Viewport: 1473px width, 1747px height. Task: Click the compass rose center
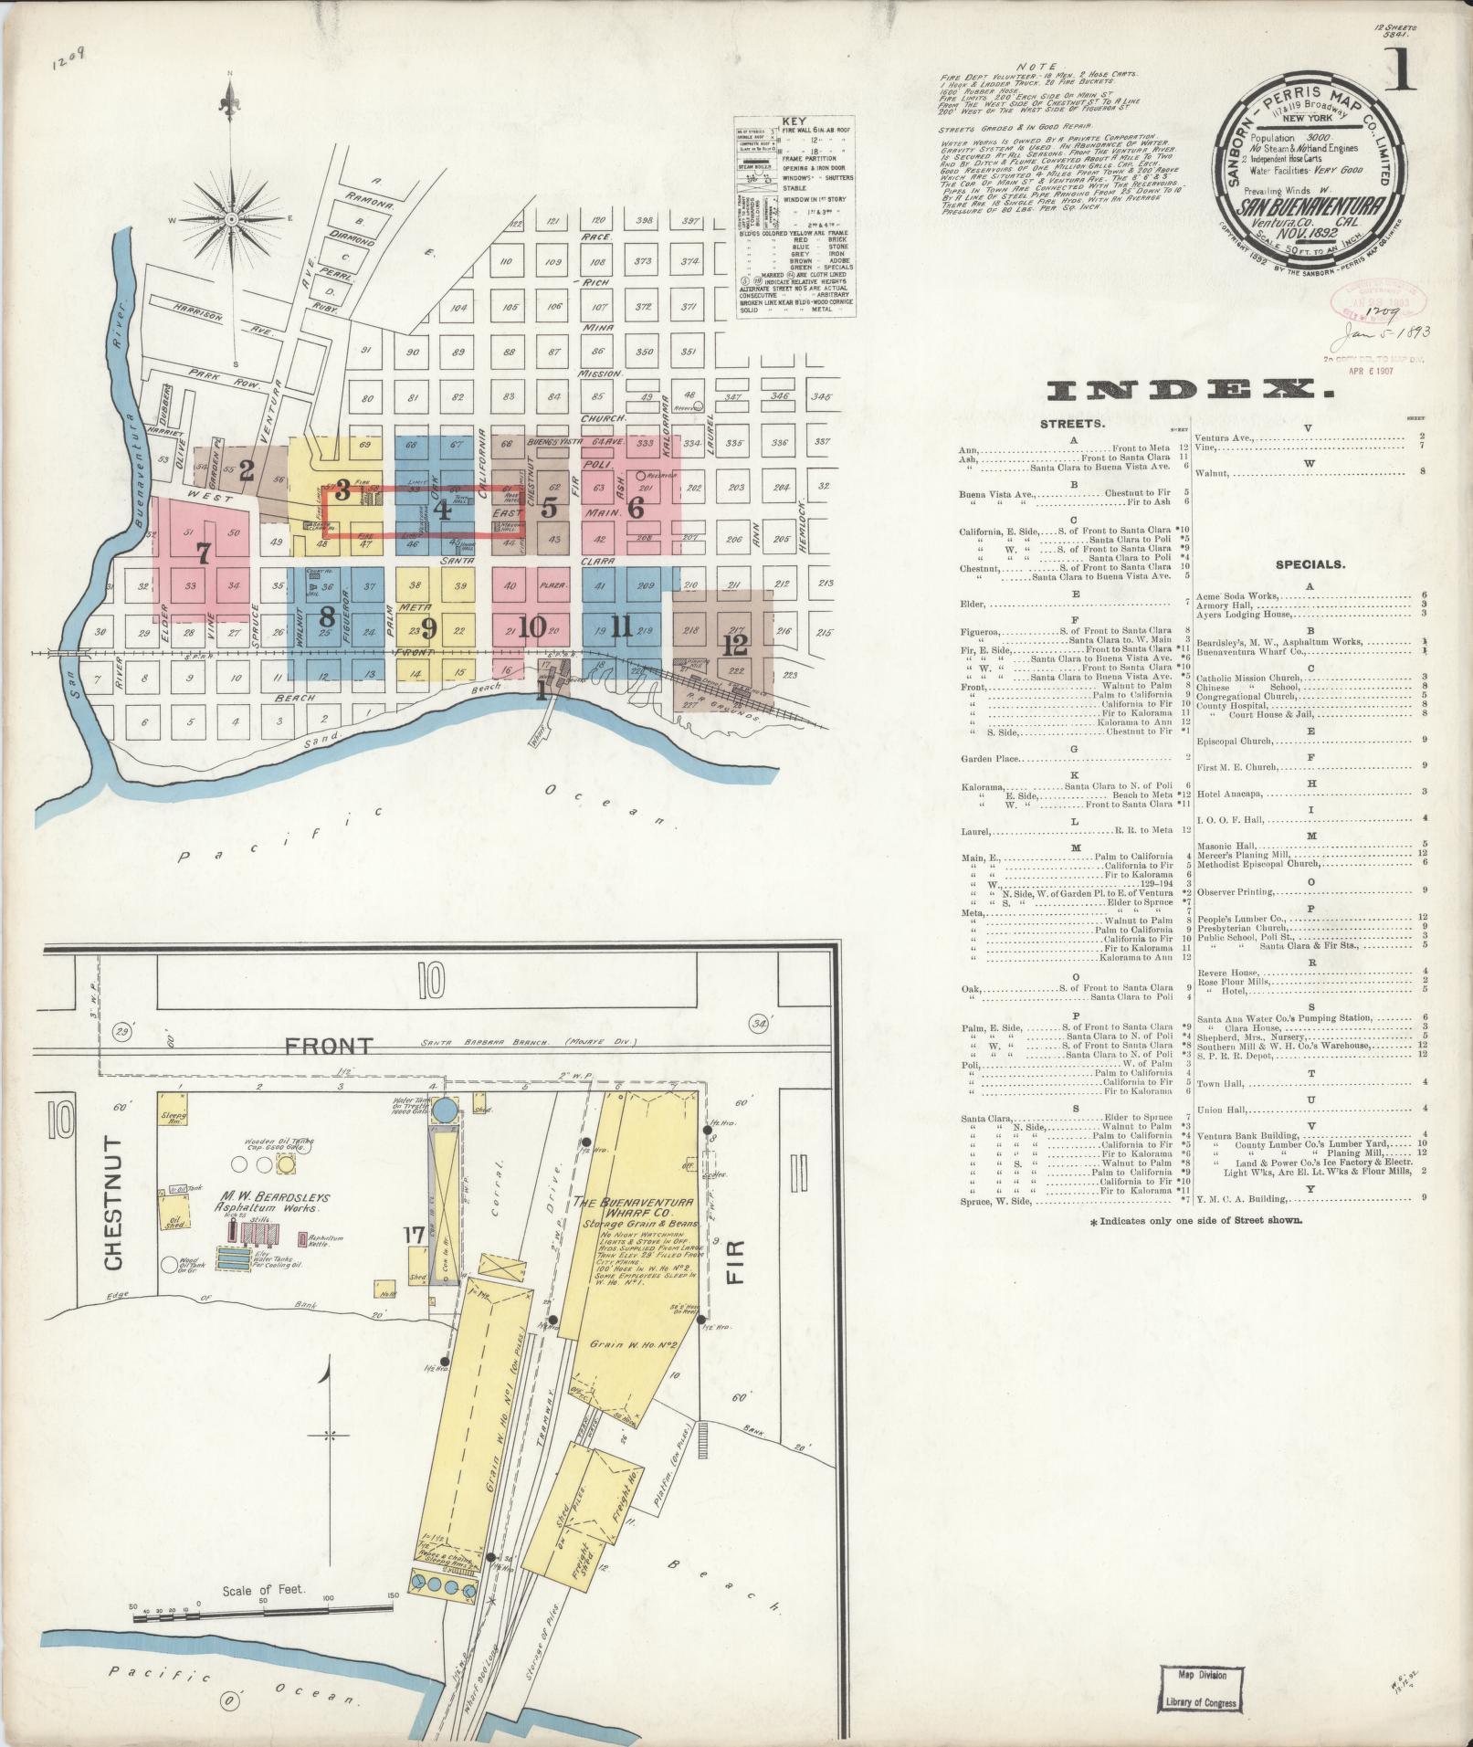click(x=230, y=218)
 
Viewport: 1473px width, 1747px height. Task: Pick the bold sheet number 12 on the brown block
click(x=735, y=645)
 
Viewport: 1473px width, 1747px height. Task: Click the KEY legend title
click(x=794, y=121)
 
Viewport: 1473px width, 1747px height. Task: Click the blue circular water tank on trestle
click(x=446, y=1110)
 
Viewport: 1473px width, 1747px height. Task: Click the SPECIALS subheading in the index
click(x=1310, y=564)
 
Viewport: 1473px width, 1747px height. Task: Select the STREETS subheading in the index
click(x=1072, y=425)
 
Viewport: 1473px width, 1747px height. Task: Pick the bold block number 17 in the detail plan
click(x=412, y=1236)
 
